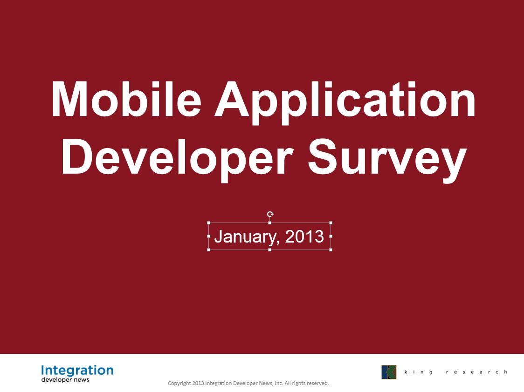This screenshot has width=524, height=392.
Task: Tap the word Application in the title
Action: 345,103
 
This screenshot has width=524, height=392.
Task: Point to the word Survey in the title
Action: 387,160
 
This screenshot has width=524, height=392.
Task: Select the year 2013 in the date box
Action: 304,236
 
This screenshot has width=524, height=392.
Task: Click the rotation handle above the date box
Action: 270,214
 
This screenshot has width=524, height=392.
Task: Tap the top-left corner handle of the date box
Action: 209,223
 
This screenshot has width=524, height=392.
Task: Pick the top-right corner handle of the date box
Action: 331,223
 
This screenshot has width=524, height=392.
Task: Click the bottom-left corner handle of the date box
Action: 209,250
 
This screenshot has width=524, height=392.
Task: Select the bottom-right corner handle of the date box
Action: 331,250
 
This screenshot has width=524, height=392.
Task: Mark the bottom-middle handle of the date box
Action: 269,250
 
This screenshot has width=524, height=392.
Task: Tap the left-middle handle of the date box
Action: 209,236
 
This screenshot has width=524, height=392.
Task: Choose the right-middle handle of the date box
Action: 331,236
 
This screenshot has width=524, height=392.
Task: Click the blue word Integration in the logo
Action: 77,371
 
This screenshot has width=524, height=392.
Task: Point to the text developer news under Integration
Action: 65,379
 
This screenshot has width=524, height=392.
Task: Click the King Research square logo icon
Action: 389,372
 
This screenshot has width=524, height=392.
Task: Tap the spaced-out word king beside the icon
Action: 418,372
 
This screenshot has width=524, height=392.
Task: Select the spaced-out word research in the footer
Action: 476,372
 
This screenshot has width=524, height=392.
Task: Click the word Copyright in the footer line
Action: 179,383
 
